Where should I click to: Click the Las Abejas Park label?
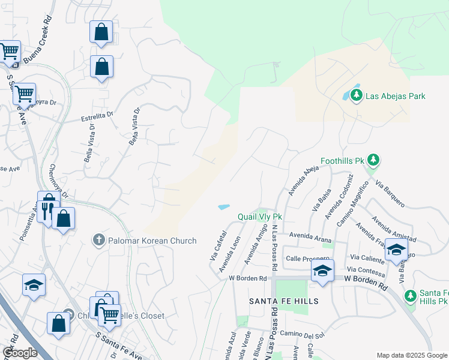(x=395, y=96)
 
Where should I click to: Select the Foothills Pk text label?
(x=342, y=161)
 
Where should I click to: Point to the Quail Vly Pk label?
(x=260, y=216)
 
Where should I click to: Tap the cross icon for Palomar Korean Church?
(x=99, y=240)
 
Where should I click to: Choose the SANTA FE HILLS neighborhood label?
(x=284, y=300)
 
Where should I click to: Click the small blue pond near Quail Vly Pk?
(x=224, y=207)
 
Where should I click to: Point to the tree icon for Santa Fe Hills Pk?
(x=410, y=295)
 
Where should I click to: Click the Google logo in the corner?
(x=20, y=353)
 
